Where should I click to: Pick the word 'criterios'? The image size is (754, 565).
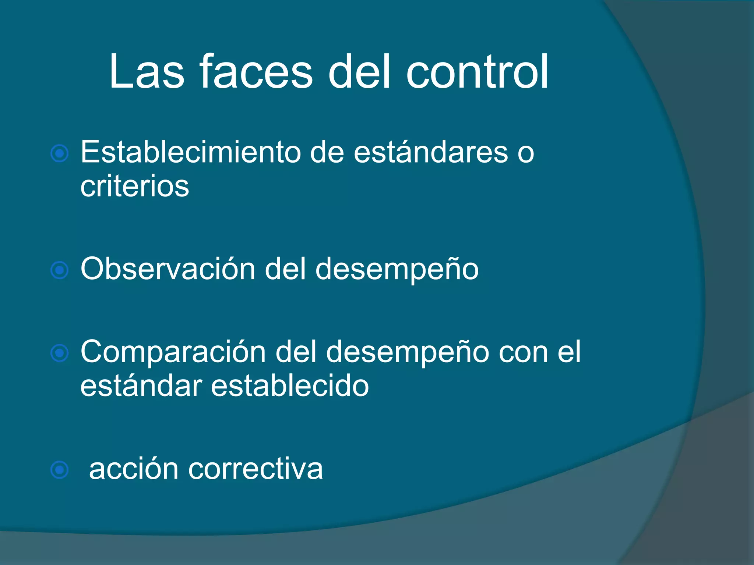click(135, 186)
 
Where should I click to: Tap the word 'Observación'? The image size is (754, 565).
click(168, 269)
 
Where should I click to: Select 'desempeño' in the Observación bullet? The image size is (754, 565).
click(397, 269)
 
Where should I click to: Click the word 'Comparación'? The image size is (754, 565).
click(173, 352)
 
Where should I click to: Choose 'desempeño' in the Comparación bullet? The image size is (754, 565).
click(408, 352)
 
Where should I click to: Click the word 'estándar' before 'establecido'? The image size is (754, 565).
click(141, 386)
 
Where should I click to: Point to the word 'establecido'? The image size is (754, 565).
click(290, 386)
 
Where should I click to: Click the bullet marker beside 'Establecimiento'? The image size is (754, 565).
click(60, 153)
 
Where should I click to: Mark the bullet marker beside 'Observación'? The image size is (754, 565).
click(60, 271)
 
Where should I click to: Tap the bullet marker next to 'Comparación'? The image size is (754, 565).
click(60, 353)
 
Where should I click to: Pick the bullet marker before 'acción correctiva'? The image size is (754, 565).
click(60, 470)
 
